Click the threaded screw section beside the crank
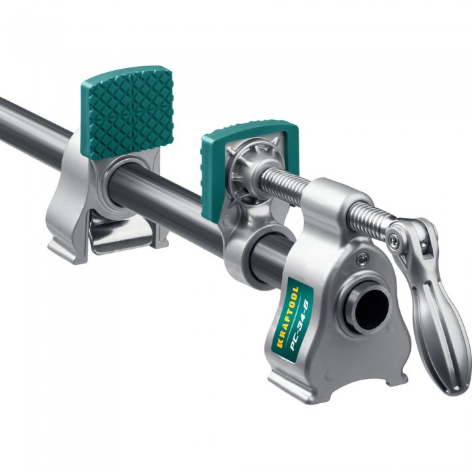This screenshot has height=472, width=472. pyautogui.click(x=371, y=217)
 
